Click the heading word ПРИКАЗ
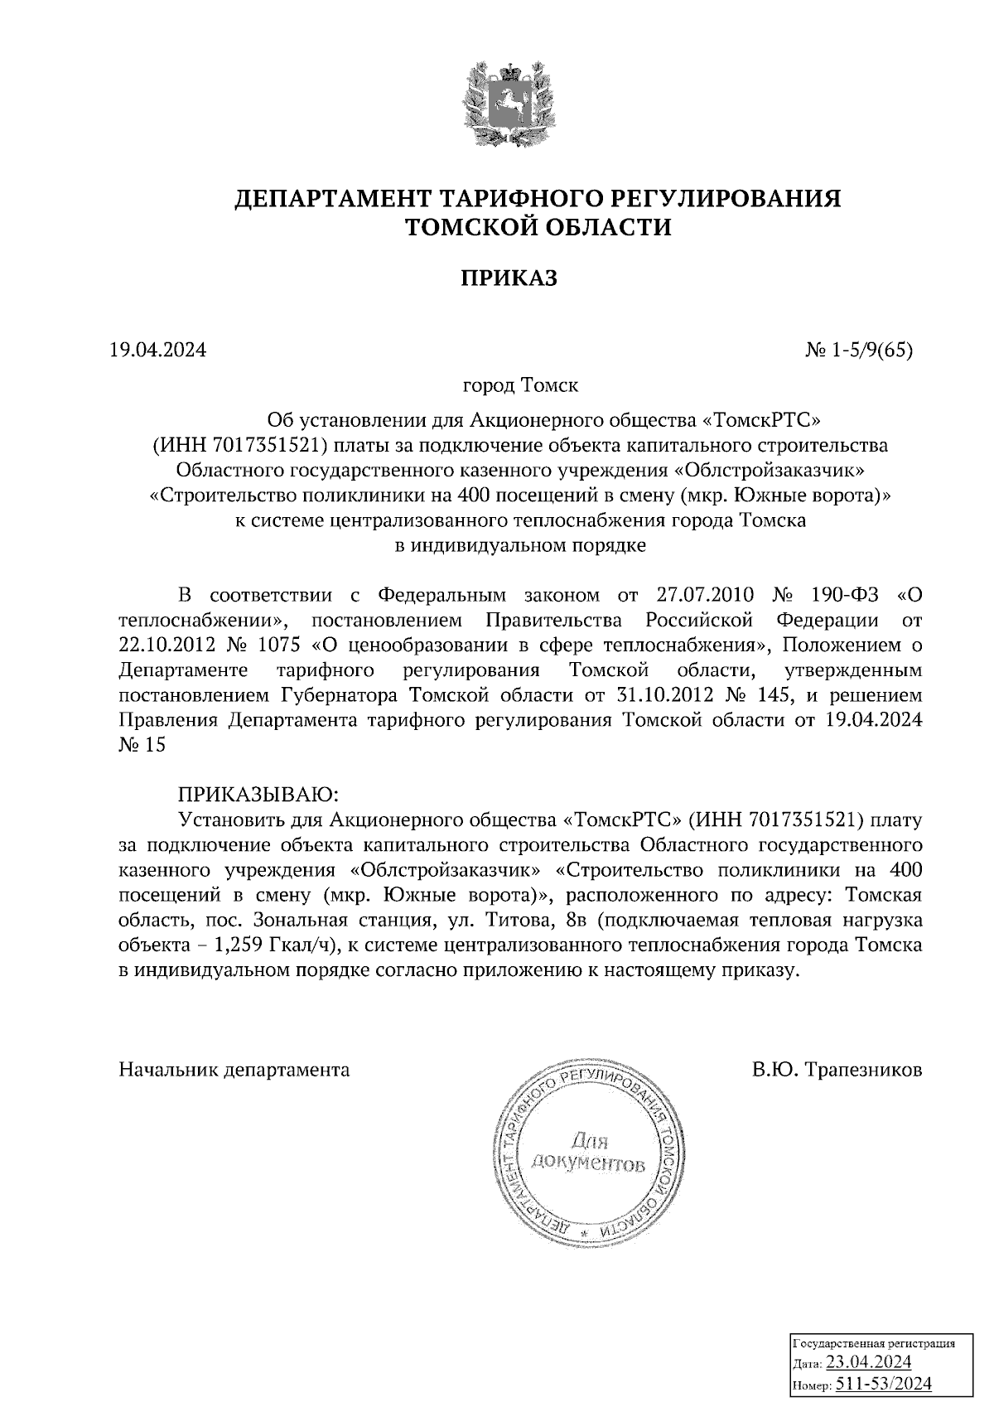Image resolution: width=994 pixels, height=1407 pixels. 509,278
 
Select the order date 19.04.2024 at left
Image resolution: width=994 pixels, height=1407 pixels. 157,351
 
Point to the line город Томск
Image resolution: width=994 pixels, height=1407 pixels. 519,386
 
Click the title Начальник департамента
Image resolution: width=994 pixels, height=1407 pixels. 234,1069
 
